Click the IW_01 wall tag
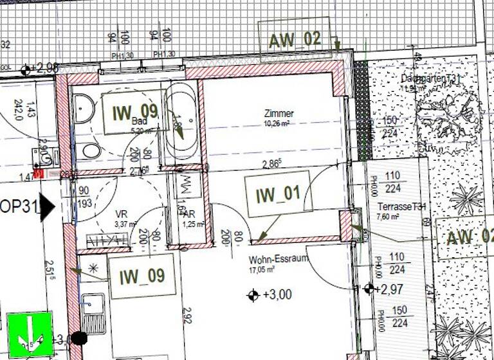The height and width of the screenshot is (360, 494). [x=279, y=194]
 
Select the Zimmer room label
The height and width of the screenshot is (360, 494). [x=278, y=113]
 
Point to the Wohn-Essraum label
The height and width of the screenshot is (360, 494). [x=280, y=259]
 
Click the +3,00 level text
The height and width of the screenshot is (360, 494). [x=277, y=295]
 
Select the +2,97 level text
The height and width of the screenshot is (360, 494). [x=391, y=289]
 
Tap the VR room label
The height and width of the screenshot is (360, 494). [x=121, y=214]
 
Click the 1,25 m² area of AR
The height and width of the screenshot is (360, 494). [x=193, y=224]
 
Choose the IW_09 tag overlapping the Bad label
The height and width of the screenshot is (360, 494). [x=134, y=113]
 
